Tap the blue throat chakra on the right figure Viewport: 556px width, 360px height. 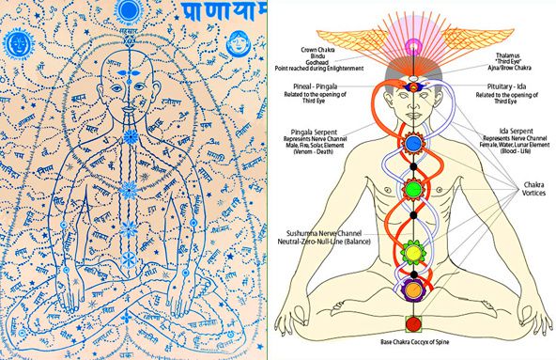click(415, 144)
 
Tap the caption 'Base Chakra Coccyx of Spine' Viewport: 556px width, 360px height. click(413, 349)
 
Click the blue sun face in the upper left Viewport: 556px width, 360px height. click(20, 43)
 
